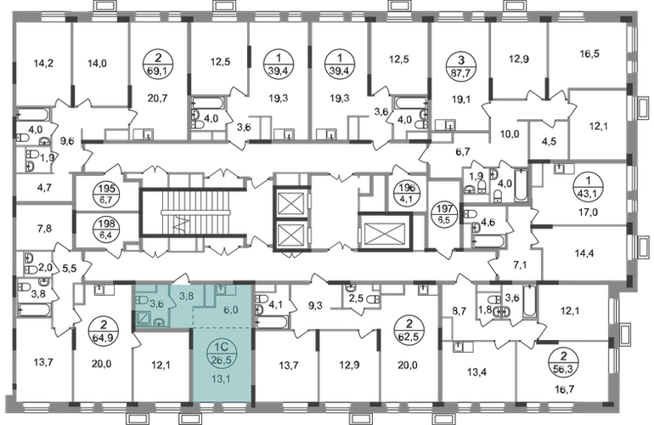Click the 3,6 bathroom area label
(x=156, y=302)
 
